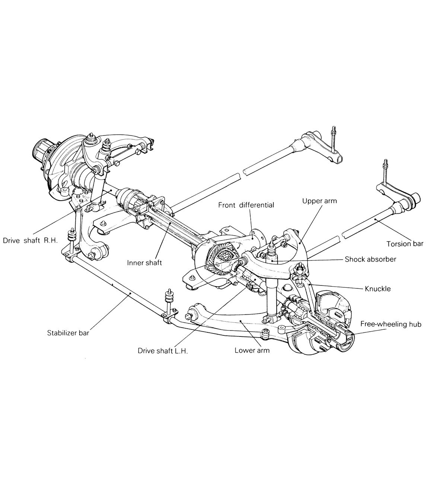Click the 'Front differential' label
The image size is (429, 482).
pos(246,205)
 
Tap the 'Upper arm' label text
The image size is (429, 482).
pos(319,201)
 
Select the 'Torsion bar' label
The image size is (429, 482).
pos(404,244)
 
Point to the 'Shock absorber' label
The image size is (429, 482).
pos(370,259)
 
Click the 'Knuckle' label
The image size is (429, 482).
pos(378,288)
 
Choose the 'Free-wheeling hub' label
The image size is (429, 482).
pos(391,324)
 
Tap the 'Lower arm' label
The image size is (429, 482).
pos(252,350)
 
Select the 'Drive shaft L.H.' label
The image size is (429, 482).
pos(162,351)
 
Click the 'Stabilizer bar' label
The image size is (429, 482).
pos(68,333)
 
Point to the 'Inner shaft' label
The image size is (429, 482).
pos(144,263)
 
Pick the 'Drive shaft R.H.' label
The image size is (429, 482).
pos(30,240)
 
